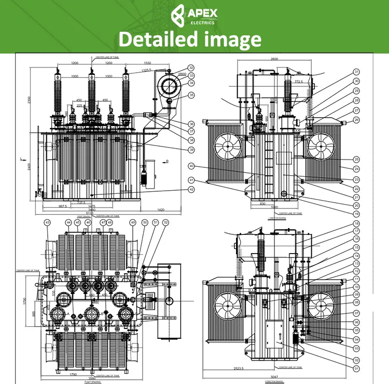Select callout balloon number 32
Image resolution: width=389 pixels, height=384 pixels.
tap(191, 68)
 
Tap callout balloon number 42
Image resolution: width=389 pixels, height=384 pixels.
tap(191, 190)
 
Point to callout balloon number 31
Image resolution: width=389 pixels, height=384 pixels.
tap(356, 72)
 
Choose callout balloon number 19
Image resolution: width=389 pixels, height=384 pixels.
tap(356, 214)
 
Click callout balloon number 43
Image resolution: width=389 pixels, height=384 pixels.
tap(48, 222)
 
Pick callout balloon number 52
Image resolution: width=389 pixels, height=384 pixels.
tap(166, 222)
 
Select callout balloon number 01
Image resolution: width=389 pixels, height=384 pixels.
tap(356, 368)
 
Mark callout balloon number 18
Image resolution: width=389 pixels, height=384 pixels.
tap(356, 223)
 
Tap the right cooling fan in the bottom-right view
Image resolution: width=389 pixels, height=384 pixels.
tap(319, 305)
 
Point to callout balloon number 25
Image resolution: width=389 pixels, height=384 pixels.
tap(356, 159)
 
